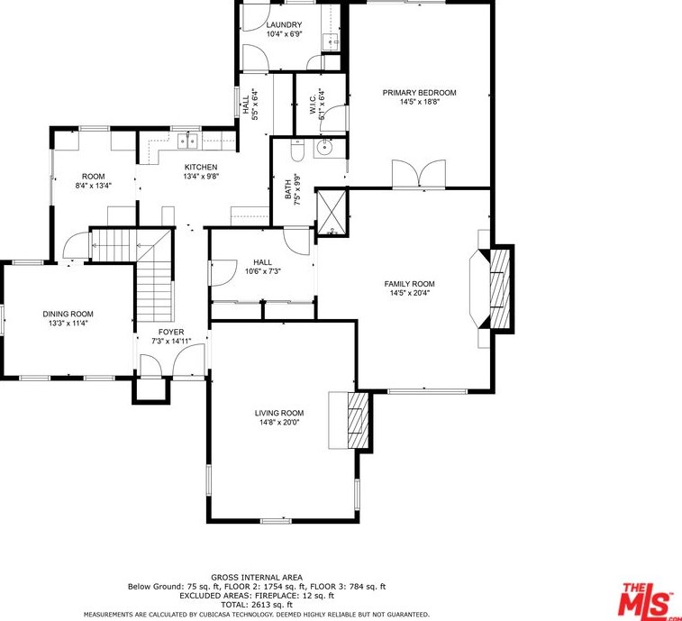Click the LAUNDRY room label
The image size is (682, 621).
(284, 25)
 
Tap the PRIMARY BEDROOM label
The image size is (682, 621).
(419, 92)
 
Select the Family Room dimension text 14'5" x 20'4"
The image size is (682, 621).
(409, 293)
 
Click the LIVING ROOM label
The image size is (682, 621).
(279, 413)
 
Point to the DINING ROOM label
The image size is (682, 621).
(68, 314)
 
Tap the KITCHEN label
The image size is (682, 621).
(201, 167)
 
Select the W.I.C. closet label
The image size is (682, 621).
(314, 105)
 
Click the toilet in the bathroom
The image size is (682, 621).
(297, 151)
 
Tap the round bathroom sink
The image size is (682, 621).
(324, 148)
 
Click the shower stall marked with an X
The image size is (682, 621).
(332, 212)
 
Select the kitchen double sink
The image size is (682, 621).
(187, 140)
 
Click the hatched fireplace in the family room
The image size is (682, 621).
(500, 288)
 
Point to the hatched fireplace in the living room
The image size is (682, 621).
(358, 420)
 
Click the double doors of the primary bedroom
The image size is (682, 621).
(419, 174)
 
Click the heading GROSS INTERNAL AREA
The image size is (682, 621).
(257, 578)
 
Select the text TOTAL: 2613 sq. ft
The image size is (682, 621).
(257, 605)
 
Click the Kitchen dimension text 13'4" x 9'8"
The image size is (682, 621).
(201, 177)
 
